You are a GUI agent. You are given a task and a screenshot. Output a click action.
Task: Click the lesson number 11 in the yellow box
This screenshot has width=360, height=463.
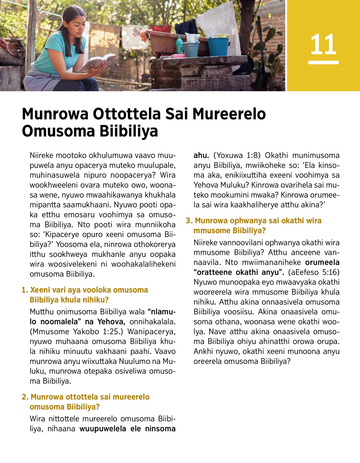323,44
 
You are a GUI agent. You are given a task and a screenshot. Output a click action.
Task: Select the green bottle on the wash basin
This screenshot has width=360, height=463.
179,45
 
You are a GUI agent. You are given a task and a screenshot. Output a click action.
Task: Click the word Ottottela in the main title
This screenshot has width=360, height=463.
127,114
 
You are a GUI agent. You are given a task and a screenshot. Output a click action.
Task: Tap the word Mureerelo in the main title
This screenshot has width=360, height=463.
229,114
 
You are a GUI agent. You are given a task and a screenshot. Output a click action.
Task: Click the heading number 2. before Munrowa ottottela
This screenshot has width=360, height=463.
25,397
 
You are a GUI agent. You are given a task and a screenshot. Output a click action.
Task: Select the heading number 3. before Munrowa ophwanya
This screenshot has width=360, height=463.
189,221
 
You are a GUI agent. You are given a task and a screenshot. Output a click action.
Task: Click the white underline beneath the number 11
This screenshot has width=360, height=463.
323,62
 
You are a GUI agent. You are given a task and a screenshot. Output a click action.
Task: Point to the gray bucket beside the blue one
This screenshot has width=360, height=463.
191,49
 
